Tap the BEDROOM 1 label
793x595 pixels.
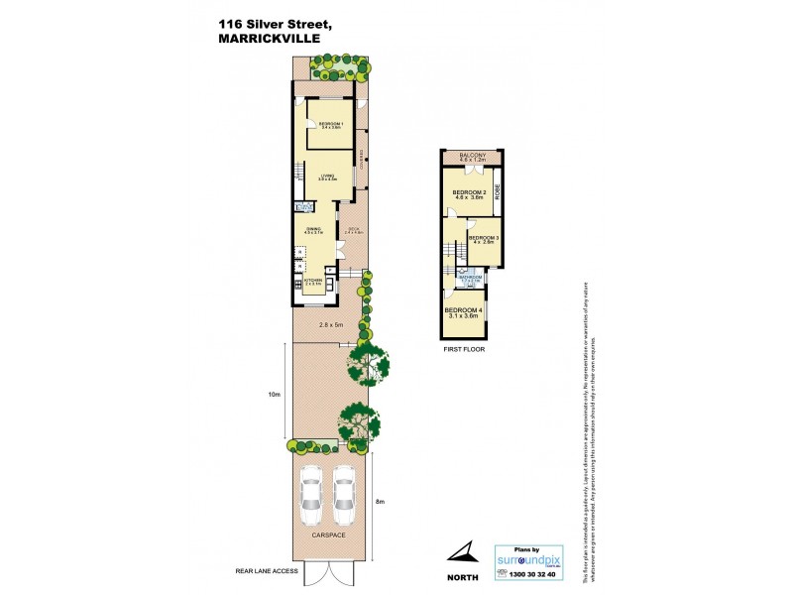point(330,124)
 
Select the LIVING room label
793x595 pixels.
point(328,176)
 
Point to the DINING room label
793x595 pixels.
point(312,230)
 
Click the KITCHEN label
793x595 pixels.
point(314,281)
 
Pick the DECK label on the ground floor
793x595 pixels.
point(354,230)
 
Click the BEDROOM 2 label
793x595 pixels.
point(469,191)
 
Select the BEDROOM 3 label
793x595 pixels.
point(483,238)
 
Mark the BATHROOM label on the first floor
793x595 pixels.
point(470,278)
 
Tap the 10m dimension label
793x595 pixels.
point(274,394)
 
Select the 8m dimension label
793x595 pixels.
point(382,503)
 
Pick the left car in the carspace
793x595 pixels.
point(311,497)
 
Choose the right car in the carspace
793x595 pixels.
point(344,497)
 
